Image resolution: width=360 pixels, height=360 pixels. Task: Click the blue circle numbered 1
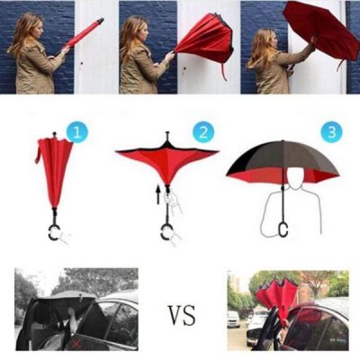coord(78,133)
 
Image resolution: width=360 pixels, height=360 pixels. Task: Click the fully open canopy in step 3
coord(283,162)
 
